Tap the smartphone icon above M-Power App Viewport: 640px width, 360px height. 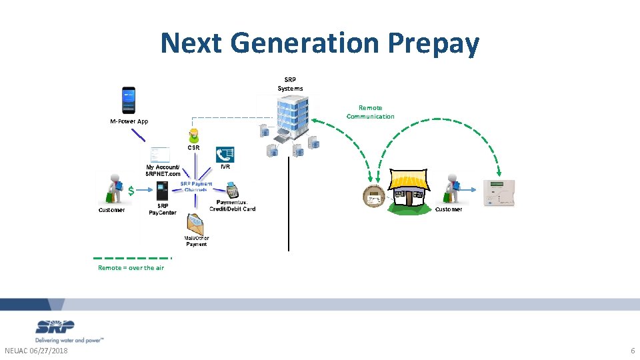(129, 100)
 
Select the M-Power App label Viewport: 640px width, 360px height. (129, 122)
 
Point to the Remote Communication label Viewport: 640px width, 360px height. (370, 112)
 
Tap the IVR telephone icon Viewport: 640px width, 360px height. (225, 154)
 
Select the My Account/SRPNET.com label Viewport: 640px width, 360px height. (163, 170)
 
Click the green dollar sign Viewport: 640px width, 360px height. (131, 191)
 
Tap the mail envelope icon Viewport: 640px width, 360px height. (196, 223)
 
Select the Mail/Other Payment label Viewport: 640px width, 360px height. (197, 241)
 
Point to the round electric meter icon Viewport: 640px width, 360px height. (373, 197)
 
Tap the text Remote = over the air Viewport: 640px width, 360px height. (131, 268)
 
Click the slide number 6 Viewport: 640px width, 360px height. (632, 351)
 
